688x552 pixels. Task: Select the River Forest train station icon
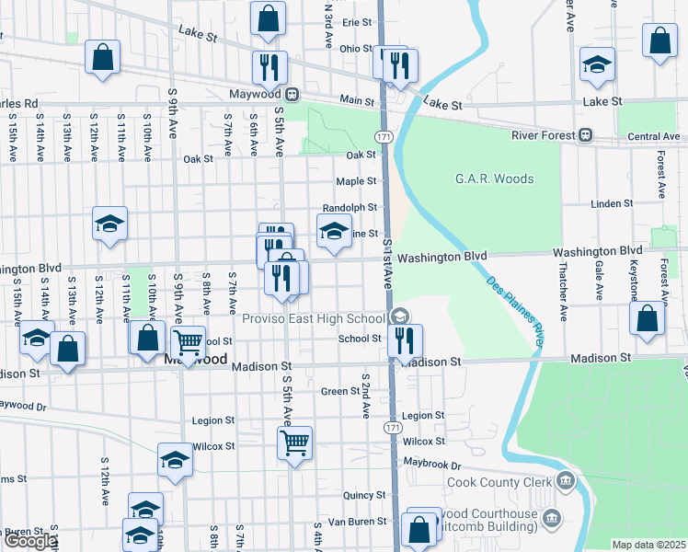pyautogui.click(x=584, y=136)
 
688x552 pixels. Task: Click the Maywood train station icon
pyautogui.click(x=292, y=94)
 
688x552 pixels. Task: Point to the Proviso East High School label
pyautogui.click(x=312, y=318)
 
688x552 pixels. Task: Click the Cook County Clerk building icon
pyautogui.click(x=565, y=481)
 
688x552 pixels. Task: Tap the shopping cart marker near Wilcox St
pyautogui.click(x=294, y=443)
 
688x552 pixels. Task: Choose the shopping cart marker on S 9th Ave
pyautogui.click(x=188, y=342)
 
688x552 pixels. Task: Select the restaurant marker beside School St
pyautogui.click(x=405, y=340)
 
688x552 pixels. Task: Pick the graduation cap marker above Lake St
pyautogui.click(x=597, y=63)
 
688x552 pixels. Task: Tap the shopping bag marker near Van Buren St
pyautogui.click(x=419, y=529)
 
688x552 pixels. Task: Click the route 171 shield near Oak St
pyautogui.click(x=391, y=136)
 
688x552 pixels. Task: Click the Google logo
pyautogui.click(x=29, y=541)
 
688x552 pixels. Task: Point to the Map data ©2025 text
pyautogui.click(x=648, y=545)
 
